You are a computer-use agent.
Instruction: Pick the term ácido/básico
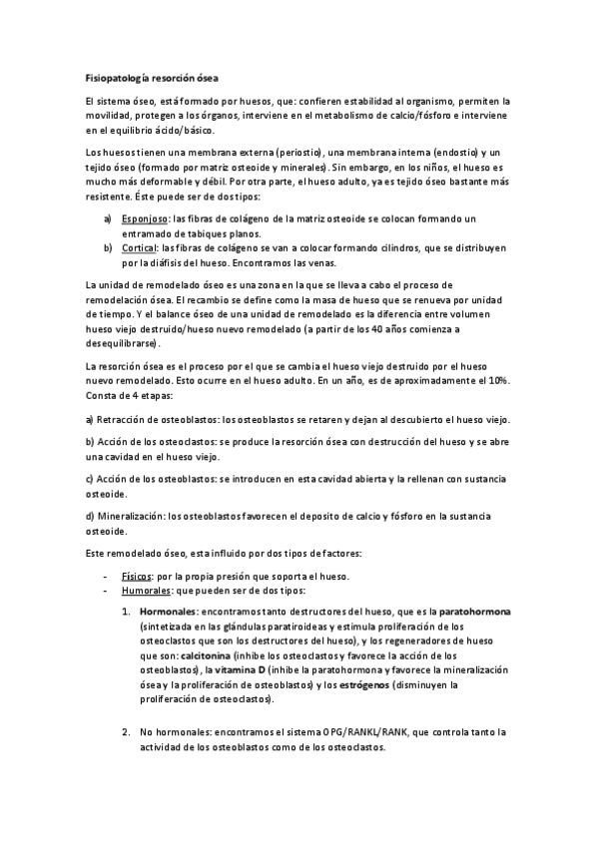click(x=182, y=131)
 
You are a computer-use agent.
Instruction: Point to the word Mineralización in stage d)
click(x=131, y=516)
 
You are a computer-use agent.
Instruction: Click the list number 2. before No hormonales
click(x=127, y=734)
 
